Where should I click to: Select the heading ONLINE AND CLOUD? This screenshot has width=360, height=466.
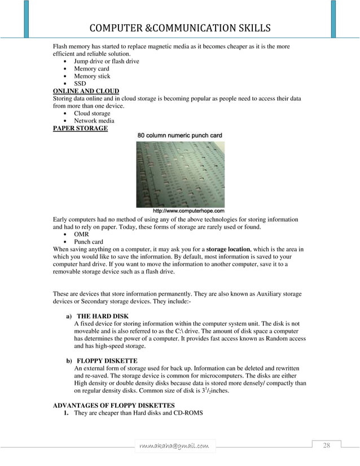85,91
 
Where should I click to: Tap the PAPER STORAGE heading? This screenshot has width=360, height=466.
80,128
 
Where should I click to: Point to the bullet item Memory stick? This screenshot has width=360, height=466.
92,76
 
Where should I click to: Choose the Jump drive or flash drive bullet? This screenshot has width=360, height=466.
107,61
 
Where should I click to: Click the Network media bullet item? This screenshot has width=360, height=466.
94,121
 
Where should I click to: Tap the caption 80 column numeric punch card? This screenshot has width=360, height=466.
180,135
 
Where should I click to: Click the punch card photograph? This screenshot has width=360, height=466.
180,174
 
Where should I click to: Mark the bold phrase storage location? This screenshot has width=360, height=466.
231,249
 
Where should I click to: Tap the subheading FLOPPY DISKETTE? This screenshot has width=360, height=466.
107,361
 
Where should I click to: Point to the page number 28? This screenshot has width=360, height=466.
326,446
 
